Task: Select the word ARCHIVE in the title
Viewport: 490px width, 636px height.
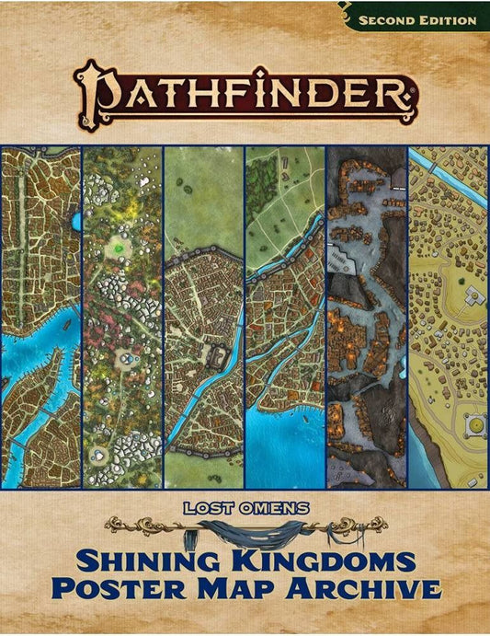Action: point(358,588)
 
